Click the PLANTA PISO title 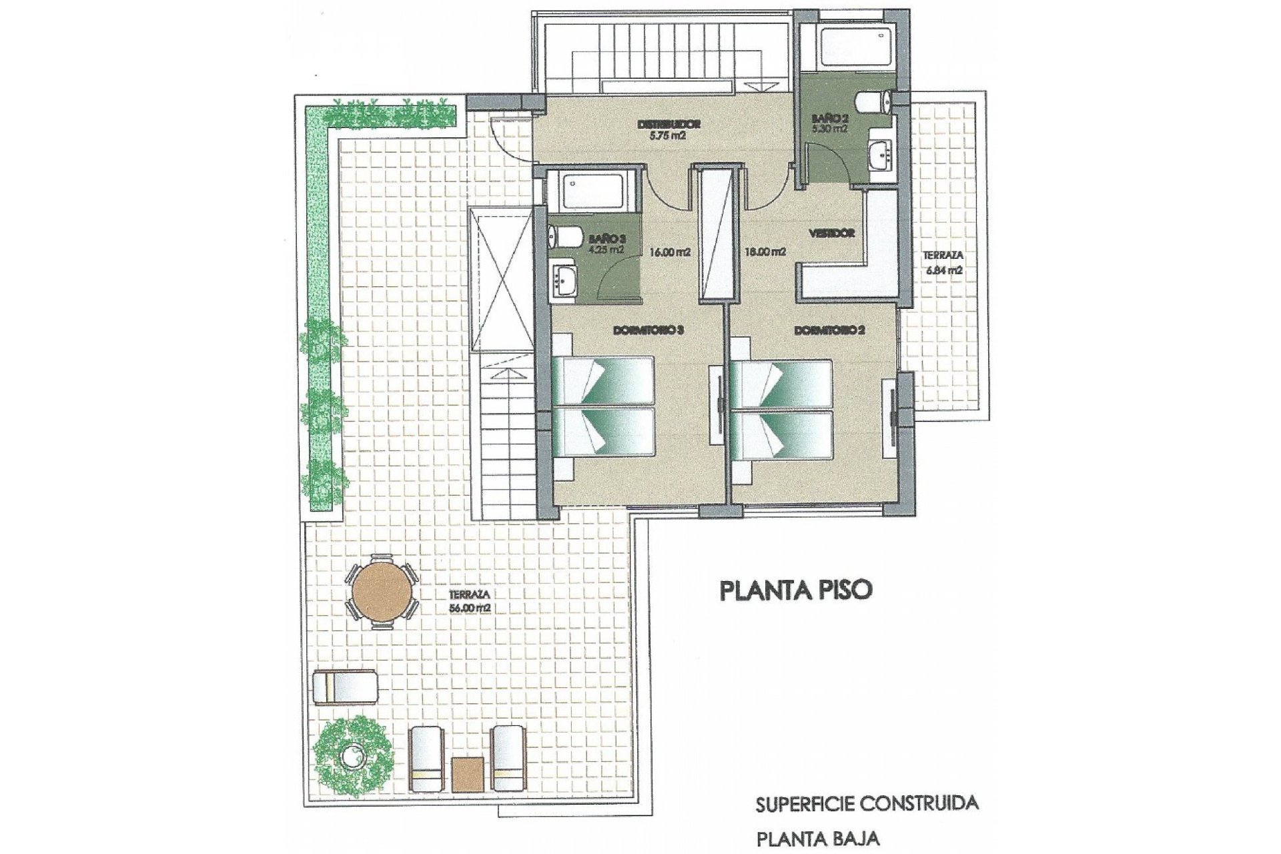tap(795, 590)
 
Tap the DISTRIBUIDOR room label tap(669, 124)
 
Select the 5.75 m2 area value tap(668, 135)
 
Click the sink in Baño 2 tap(881, 155)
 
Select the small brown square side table tap(467, 773)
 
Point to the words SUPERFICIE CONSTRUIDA tap(867, 803)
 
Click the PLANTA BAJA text tap(817, 839)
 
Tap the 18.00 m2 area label tap(765, 252)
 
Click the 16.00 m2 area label tap(669, 252)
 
